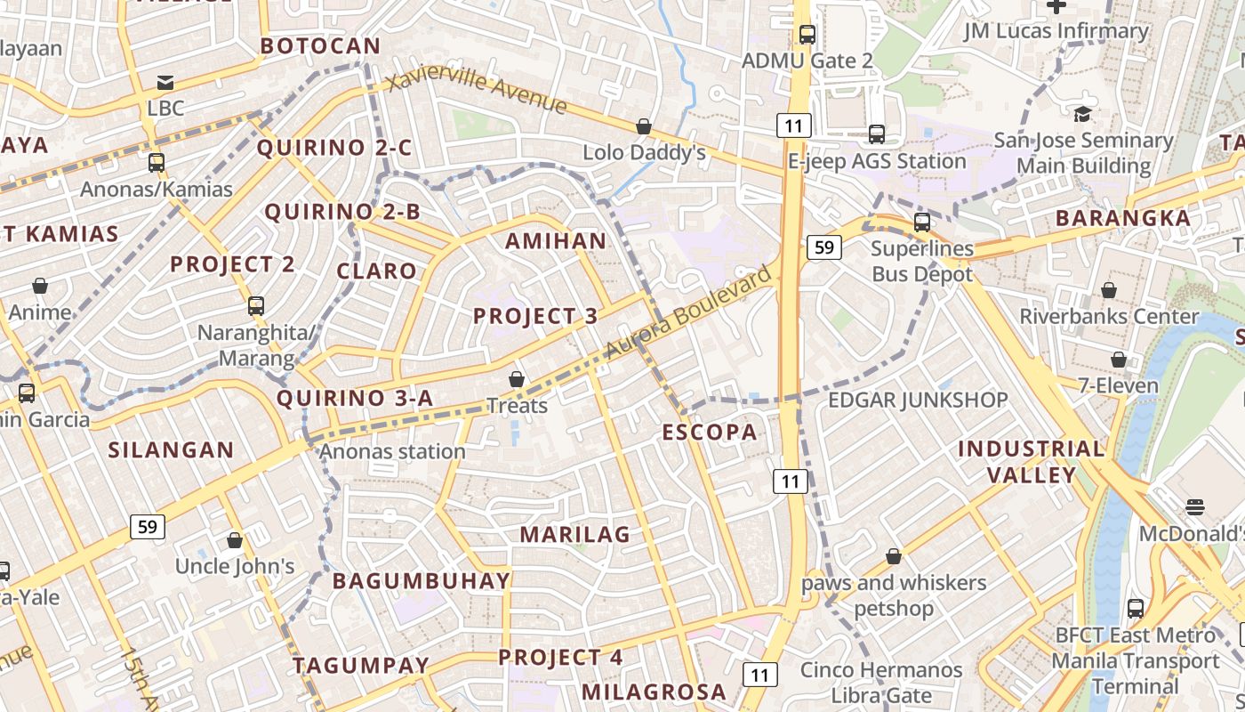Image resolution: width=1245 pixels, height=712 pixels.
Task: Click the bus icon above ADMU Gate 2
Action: [x=807, y=35]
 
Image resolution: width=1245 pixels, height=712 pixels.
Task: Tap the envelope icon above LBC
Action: [x=165, y=83]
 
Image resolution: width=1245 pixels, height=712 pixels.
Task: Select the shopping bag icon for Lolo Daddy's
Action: [x=643, y=127]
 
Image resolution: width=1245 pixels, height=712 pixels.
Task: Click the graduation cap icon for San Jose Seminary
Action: [x=1082, y=114]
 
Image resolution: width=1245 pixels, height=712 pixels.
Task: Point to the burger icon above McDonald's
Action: [x=1195, y=507]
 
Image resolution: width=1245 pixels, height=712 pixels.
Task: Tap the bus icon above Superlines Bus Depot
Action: [x=922, y=222]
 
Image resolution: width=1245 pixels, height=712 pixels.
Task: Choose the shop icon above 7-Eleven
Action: [x=1119, y=360]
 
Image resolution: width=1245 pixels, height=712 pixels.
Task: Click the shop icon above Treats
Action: [x=517, y=380]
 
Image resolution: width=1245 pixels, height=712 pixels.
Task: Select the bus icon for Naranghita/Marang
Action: [x=256, y=306]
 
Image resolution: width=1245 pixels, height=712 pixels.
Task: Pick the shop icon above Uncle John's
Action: [x=235, y=540]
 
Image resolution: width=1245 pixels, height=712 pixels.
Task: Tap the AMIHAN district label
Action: [x=556, y=241]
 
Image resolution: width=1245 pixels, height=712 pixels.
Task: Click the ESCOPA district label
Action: [x=710, y=433]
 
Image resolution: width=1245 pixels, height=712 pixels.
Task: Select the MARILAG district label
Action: [x=574, y=535]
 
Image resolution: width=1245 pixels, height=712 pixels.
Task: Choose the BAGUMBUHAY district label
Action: [x=422, y=581]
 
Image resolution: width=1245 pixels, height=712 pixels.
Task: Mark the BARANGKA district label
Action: [x=1122, y=218]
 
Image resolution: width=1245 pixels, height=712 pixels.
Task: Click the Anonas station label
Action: [x=392, y=451]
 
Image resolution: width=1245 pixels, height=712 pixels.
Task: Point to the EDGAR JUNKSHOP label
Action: [x=918, y=400]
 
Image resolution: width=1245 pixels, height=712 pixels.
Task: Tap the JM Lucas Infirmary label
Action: [x=1056, y=31]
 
